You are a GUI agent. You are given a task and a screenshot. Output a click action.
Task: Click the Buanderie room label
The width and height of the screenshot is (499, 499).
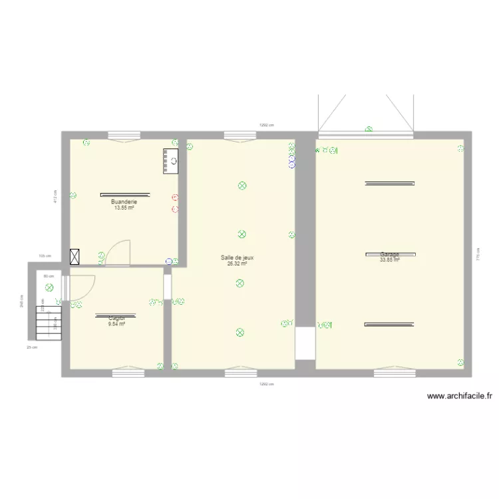point(124,202)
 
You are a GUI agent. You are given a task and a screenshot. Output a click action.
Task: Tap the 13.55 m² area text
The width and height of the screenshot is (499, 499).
point(124,208)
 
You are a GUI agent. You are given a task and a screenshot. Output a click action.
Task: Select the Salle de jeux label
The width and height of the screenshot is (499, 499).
point(238,257)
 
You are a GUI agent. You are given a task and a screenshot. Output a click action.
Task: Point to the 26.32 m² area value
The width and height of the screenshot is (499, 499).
point(238,263)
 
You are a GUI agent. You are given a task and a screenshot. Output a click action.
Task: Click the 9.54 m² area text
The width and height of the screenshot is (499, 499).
point(116,324)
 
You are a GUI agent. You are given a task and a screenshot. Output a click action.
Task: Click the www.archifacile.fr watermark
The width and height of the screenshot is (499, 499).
point(460,397)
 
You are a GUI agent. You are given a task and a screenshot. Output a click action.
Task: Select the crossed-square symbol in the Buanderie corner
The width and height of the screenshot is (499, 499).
point(76,257)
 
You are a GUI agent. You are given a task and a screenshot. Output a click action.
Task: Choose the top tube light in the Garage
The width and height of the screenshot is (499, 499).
point(389,183)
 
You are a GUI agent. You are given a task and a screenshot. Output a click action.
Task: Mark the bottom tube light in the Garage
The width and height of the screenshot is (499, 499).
point(389,325)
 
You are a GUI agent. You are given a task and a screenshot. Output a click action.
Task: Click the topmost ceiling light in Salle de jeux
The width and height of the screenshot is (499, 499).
point(242,186)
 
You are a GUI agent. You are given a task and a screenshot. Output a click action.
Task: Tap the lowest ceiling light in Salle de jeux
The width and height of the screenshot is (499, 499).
point(240,332)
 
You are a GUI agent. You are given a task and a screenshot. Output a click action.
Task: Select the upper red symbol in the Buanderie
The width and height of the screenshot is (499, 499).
point(175,198)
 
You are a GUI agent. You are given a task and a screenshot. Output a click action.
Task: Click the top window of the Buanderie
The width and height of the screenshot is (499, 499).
point(124,135)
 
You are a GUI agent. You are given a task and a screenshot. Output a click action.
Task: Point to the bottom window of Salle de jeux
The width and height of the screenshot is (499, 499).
point(240,373)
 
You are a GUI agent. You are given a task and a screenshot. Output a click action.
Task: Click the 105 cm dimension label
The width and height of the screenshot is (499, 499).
point(45,255)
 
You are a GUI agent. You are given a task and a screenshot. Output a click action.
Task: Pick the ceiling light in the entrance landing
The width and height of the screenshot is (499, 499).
point(49,287)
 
